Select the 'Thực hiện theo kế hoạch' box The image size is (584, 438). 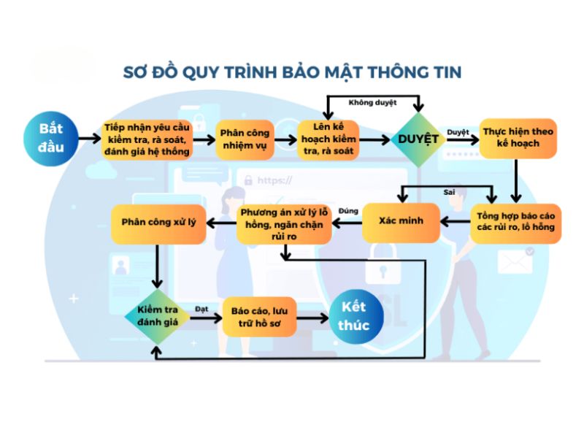pos(518,138)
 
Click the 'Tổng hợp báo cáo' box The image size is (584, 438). pos(516,221)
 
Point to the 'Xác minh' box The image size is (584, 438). pos(401,220)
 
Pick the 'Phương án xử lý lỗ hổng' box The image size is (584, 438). pos(285,222)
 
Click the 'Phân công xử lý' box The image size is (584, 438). pos(158,221)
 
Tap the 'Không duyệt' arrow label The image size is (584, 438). pos(372,103)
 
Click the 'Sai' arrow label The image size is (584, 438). pos(450,192)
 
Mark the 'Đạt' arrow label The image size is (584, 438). pos(201,309)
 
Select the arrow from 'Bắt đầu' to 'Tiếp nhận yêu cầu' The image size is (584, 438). pos(87,139)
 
